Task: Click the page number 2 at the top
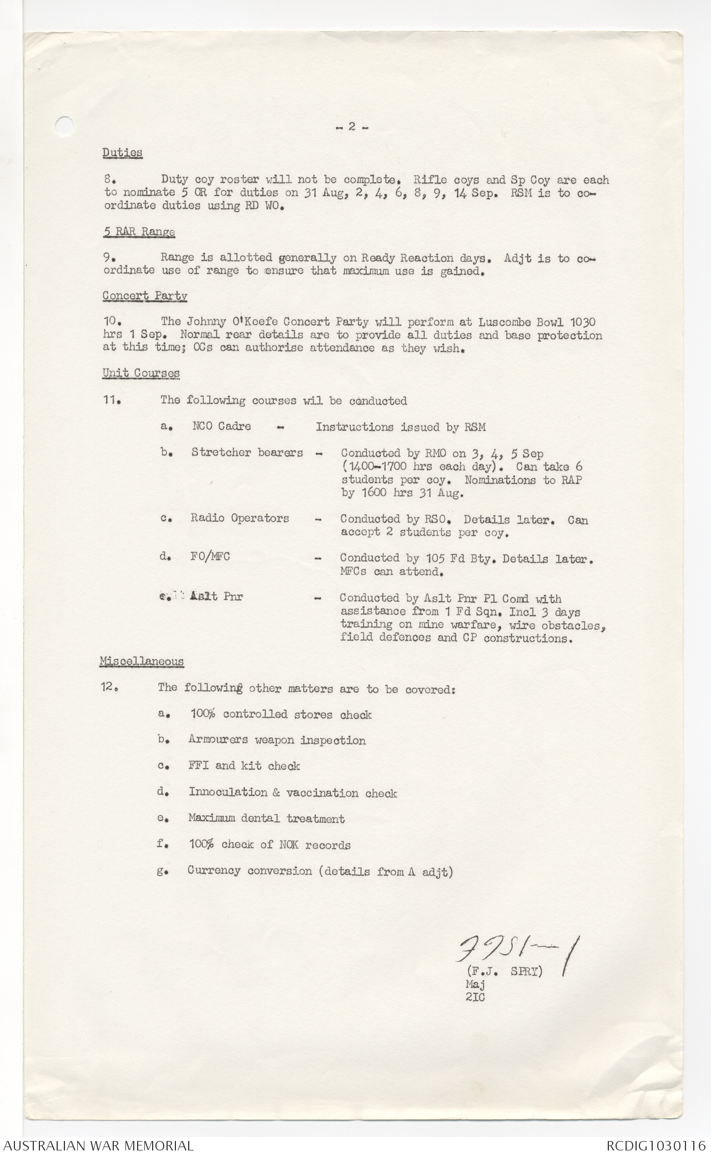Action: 351,127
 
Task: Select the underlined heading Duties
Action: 122,153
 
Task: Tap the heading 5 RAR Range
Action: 139,232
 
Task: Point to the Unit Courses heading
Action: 140,373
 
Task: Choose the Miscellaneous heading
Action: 142,661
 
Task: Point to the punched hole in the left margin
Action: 65,124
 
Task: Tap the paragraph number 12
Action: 108,688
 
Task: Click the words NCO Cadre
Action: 221,426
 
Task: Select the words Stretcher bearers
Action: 247,453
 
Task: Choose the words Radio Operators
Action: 240,519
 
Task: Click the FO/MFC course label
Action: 210,557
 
